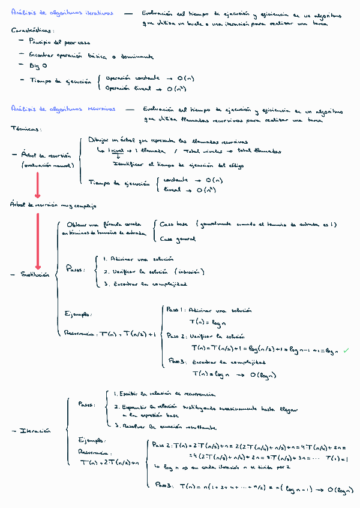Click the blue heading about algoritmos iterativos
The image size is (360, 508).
(x=62, y=14)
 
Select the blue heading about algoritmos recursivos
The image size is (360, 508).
(x=64, y=110)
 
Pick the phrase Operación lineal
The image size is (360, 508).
(x=128, y=88)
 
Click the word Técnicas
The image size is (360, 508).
(x=25, y=129)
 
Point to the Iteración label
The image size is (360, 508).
(x=35, y=430)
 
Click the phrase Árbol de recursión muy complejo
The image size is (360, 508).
(x=53, y=205)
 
